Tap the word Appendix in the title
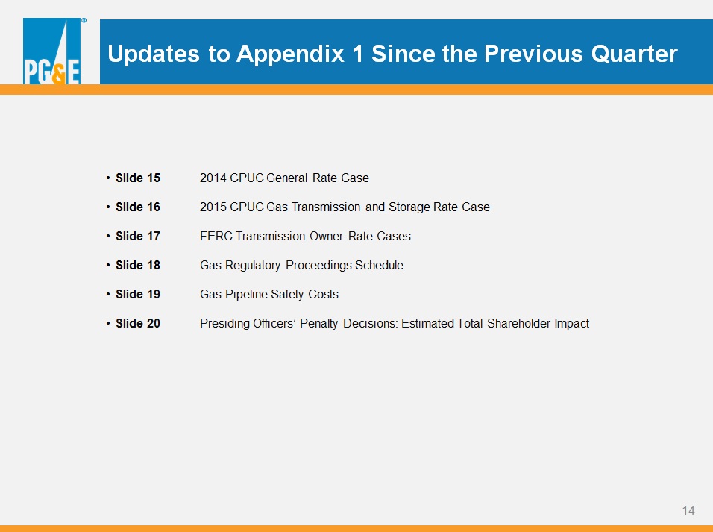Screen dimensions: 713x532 291,54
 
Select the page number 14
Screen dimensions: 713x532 688,510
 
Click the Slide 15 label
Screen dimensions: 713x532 138,178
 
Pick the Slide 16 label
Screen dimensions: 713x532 138,207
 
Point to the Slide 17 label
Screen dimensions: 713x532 138,237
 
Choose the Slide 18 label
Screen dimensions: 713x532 138,266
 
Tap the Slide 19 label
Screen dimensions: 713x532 138,295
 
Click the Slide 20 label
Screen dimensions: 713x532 138,324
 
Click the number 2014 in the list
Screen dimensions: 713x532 213,178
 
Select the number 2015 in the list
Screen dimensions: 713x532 213,207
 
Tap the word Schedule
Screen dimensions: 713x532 379,266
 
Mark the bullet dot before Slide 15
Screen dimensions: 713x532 108,178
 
